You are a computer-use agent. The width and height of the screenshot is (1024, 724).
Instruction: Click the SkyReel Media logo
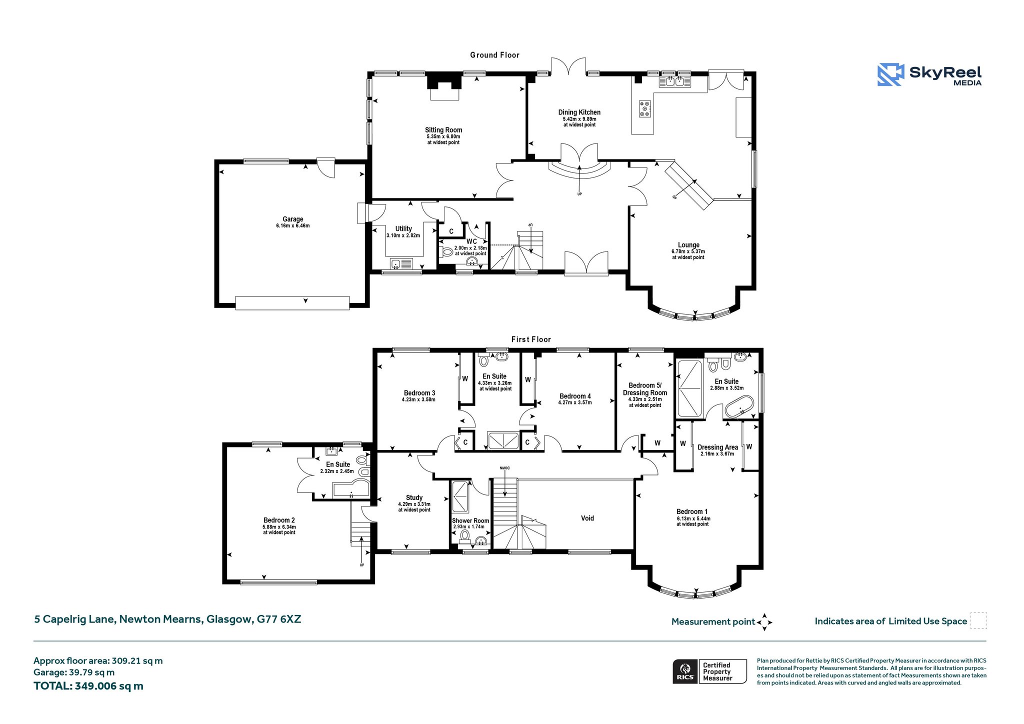[x=929, y=75]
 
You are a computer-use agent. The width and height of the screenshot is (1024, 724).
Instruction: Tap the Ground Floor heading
[x=494, y=55]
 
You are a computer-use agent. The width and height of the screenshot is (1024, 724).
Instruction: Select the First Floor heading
[x=531, y=339]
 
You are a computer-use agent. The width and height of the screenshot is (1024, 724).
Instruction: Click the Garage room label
[x=293, y=219]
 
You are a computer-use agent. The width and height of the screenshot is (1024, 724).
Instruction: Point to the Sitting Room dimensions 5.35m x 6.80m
[x=443, y=136]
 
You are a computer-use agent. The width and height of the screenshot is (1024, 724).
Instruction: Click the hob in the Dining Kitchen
[x=645, y=109]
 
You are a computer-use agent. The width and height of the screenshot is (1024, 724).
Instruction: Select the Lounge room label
[x=688, y=245]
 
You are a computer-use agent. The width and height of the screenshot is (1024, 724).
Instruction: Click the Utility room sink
[x=401, y=263]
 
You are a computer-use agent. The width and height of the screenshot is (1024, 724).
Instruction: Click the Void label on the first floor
[x=587, y=518]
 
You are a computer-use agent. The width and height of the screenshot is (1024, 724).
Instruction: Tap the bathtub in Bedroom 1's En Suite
[x=739, y=407]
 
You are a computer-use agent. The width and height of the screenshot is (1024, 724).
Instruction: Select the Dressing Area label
[x=717, y=447]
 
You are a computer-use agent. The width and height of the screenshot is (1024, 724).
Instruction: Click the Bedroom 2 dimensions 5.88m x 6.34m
[x=279, y=527]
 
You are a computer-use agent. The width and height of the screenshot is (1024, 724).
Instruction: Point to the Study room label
[x=414, y=497]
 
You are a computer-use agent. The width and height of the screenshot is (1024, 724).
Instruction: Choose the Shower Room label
[x=470, y=520]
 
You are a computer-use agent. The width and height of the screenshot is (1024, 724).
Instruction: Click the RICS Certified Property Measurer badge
[x=709, y=671]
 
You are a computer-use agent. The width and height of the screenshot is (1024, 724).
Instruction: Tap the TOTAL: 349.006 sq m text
[x=88, y=686]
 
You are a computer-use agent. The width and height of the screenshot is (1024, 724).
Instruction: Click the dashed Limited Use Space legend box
[x=978, y=620]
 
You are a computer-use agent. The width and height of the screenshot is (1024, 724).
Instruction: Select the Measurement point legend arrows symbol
[x=764, y=622]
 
